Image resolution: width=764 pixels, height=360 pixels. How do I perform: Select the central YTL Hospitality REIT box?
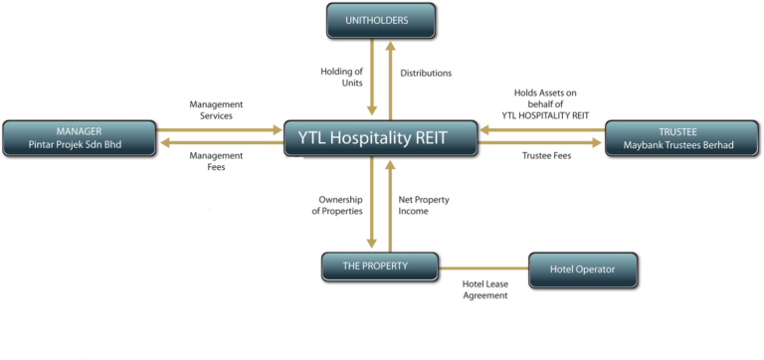(379, 138)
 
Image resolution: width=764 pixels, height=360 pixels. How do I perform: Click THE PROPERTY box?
(379, 266)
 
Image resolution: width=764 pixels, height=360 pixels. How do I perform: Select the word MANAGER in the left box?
(80, 130)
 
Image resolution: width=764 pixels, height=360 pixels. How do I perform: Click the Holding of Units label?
(341, 79)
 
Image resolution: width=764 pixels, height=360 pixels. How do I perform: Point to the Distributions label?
(426, 74)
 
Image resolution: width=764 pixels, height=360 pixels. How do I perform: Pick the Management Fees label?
(216, 161)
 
